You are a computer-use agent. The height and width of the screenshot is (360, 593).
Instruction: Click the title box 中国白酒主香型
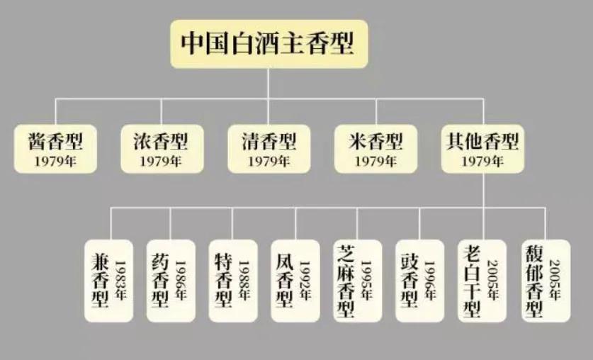(269, 44)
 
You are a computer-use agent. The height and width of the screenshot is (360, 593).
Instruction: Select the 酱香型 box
(55, 149)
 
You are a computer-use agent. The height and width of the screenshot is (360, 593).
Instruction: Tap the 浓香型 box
(162, 149)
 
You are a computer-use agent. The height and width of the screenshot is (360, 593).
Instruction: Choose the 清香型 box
(269, 149)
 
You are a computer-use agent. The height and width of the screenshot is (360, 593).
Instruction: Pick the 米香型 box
(376, 149)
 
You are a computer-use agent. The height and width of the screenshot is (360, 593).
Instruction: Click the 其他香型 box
(483, 149)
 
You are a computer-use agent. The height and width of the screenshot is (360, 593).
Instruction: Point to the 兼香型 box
(109, 281)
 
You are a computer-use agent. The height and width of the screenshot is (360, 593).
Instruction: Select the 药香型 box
(171, 281)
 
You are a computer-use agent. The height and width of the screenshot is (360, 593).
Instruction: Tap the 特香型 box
(233, 281)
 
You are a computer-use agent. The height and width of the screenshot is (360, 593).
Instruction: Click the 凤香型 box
(295, 281)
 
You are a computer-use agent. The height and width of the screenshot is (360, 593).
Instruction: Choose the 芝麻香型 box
(357, 281)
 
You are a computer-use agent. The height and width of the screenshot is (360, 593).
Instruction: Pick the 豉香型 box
(420, 281)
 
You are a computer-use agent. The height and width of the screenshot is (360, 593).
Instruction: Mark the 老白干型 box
(482, 281)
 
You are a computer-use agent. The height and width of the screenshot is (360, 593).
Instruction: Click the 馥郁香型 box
(546, 281)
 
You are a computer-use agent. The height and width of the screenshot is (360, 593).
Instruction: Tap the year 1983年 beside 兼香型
(120, 280)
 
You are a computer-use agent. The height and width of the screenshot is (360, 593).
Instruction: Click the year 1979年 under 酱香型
(55, 162)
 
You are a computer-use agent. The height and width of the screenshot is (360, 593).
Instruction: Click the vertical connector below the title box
(269, 84)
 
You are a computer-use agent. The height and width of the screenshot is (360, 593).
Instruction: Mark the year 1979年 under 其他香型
(482, 162)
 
